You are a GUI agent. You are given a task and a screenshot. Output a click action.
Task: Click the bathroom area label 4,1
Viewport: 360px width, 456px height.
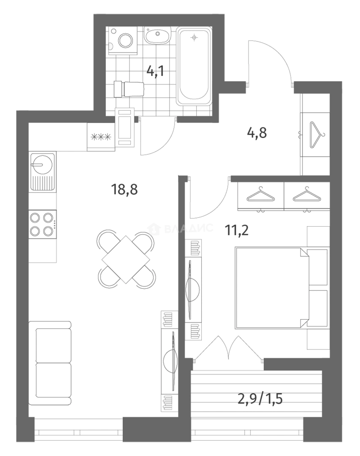pos(155,71)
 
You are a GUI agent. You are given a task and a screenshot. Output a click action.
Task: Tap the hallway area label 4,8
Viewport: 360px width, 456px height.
pos(257,133)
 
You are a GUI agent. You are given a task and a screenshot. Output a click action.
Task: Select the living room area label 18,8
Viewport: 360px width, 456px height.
pos(124,190)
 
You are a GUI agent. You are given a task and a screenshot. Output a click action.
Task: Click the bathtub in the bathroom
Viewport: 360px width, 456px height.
pos(194,66)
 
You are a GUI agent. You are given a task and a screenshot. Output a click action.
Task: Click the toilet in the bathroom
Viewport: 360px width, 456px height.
pos(129,89)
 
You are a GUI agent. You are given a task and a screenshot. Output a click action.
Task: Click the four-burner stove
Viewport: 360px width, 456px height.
pos(43,224)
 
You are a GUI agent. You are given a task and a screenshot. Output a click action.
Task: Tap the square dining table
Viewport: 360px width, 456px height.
pos(126,259)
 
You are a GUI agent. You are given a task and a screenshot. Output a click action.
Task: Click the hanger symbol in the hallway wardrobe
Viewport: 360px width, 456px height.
pos(317,135)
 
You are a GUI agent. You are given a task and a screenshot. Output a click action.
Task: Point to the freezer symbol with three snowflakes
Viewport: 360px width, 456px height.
pos(101,136)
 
